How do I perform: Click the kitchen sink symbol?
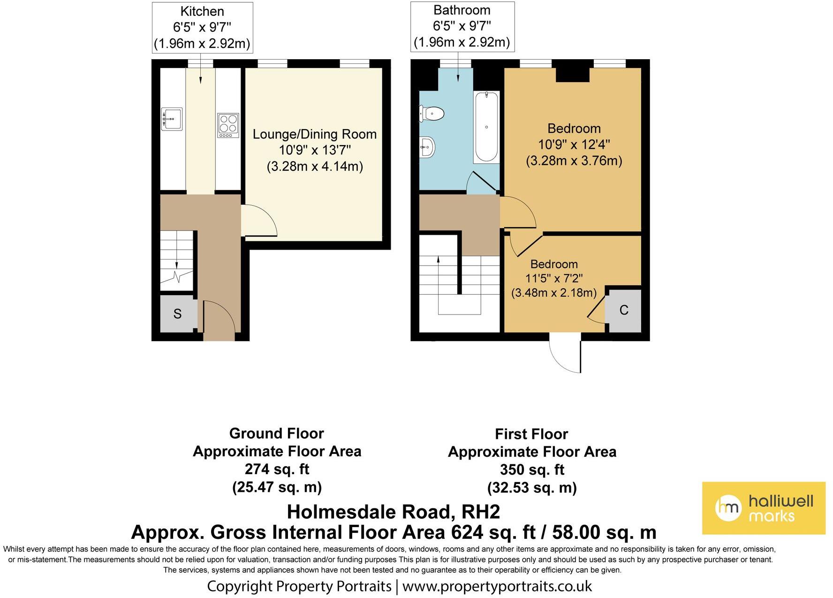point(172,119)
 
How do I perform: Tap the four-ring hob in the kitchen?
point(228,125)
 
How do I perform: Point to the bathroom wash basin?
point(427,146)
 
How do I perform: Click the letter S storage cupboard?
point(177,314)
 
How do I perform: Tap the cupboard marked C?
point(623,310)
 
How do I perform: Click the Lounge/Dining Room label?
point(314,134)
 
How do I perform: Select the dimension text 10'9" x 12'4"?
point(574,145)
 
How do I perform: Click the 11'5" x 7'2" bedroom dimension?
point(553,278)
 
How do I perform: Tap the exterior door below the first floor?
point(565,354)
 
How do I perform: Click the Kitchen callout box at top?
point(202,28)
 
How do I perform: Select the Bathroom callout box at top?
point(462,26)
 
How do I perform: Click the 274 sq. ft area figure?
point(277,469)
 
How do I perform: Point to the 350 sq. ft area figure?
point(532,469)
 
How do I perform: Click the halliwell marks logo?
point(763,508)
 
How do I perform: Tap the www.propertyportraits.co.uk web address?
point(497,586)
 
